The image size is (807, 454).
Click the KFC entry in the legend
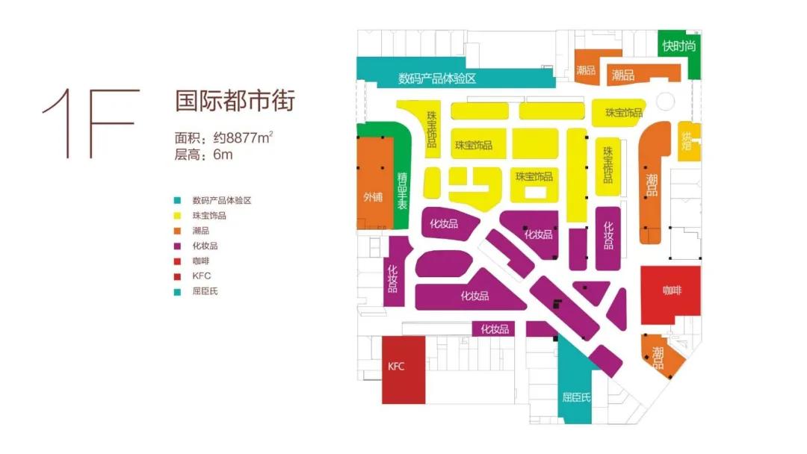[x=201, y=276]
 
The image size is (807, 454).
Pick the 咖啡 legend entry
[x=201, y=261]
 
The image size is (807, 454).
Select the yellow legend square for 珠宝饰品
[x=176, y=216]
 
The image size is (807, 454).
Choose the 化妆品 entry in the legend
[x=205, y=246]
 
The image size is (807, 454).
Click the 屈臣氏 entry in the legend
[x=205, y=291]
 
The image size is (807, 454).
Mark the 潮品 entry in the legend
[x=201, y=231]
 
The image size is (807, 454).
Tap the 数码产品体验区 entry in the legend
[x=220, y=200]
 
